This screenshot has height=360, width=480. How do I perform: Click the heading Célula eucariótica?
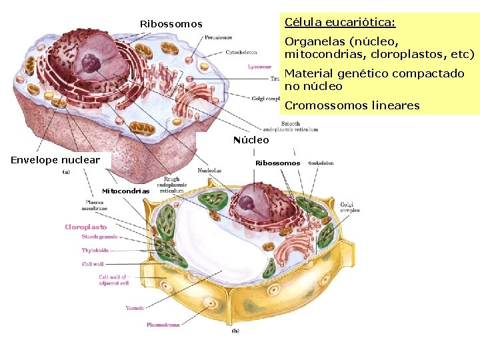(x=339, y=23)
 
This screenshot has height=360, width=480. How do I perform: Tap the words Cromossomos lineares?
(x=352, y=105)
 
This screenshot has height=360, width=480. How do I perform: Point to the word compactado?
(x=429, y=73)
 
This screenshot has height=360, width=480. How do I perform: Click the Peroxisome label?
(x=237, y=37)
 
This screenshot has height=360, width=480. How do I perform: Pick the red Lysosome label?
(x=259, y=67)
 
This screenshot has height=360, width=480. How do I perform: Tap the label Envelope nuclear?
(x=55, y=159)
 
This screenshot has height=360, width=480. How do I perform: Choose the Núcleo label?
(x=251, y=140)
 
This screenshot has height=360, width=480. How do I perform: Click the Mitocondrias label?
(x=125, y=191)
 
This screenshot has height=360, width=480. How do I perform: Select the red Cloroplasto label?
(x=85, y=227)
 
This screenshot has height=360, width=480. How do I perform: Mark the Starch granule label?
(x=99, y=237)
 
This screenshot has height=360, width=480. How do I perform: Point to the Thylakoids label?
(x=95, y=251)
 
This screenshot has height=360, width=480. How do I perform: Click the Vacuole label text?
(x=135, y=308)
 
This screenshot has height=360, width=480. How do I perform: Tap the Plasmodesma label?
(x=163, y=325)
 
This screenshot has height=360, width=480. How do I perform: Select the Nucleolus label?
(x=210, y=170)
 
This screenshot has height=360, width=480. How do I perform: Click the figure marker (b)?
(x=235, y=331)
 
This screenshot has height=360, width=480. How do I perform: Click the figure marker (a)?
(x=65, y=172)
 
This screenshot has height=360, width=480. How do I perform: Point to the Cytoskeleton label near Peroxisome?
(x=241, y=52)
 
